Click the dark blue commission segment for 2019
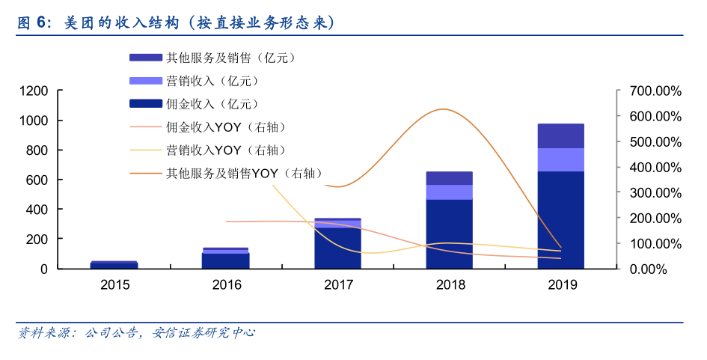(x=560, y=219)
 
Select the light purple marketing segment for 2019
(x=560, y=159)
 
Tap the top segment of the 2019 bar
(x=560, y=135)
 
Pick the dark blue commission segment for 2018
(x=449, y=234)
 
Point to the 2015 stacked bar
(x=114, y=265)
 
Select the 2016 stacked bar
(x=226, y=259)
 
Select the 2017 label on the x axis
(x=337, y=284)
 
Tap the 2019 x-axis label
(x=560, y=284)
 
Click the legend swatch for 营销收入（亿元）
(x=145, y=81)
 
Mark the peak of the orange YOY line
(x=444, y=109)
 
